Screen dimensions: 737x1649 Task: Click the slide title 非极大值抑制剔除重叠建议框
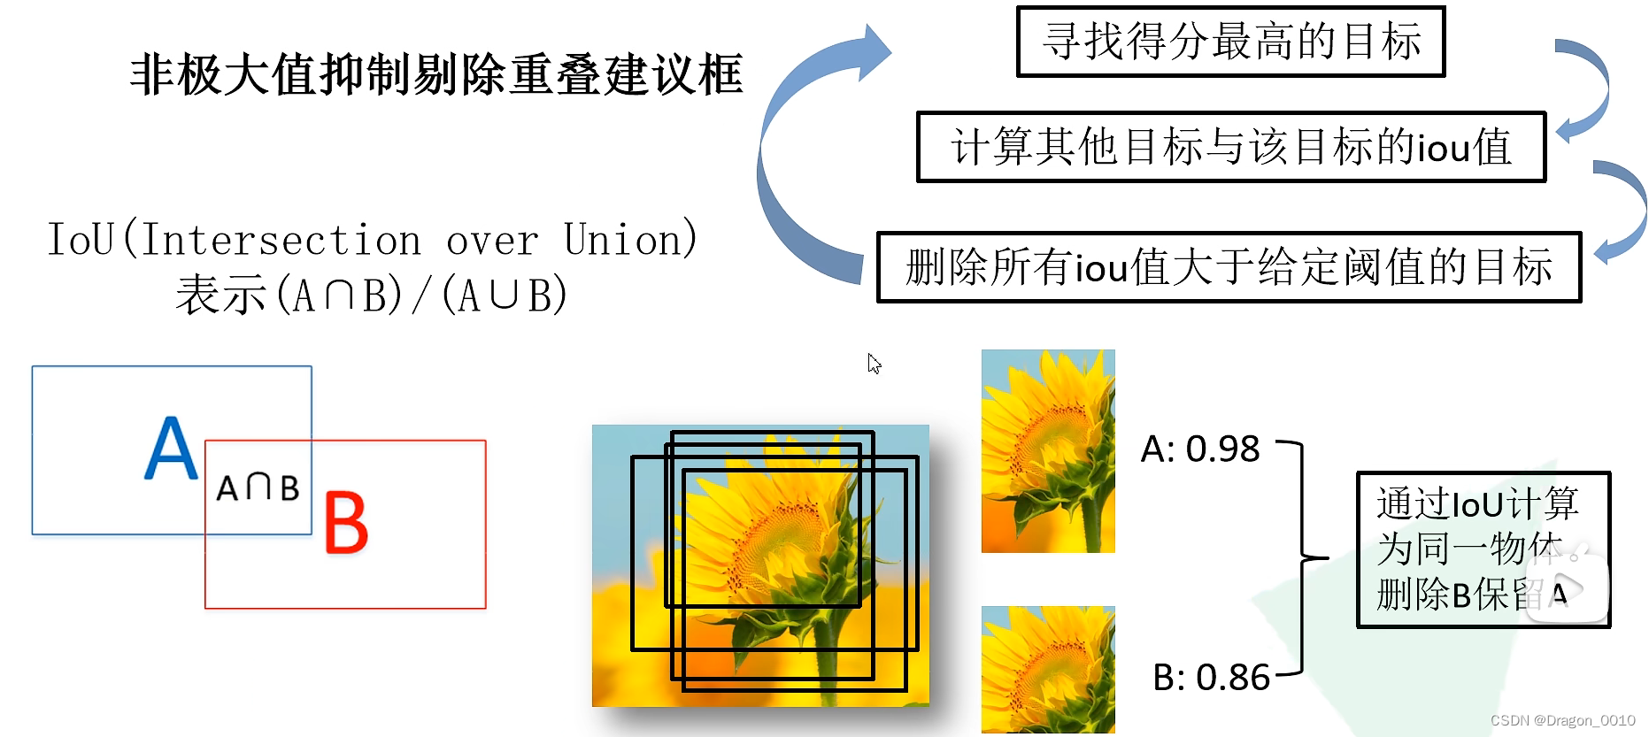[435, 74]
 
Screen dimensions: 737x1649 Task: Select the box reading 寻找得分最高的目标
[1230, 42]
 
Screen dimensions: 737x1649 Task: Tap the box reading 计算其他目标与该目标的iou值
[1230, 147]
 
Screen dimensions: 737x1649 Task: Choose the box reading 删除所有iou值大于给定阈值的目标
[1229, 267]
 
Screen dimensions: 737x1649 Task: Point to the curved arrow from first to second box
[1588, 88]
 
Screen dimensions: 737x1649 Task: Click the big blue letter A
[171, 449]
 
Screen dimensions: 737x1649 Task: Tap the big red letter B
[345, 523]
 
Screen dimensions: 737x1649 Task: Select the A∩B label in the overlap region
[258, 487]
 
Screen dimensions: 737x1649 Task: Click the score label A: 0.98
[1199, 449]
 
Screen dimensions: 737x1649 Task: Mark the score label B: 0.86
[1211, 678]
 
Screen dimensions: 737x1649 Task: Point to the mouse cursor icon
[874, 364]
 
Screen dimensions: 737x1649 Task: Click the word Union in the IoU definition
[628, 240]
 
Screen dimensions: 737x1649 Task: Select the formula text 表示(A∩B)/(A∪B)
[372, 295]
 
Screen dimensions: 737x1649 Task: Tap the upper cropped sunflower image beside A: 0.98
[1048, 451]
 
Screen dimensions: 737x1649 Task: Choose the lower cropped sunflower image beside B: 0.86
[1048, 670]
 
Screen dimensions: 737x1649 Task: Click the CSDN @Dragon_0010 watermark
[1562, 720]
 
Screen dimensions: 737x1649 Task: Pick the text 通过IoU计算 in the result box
[1476, 504]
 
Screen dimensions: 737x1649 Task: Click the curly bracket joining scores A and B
[1302, 558]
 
